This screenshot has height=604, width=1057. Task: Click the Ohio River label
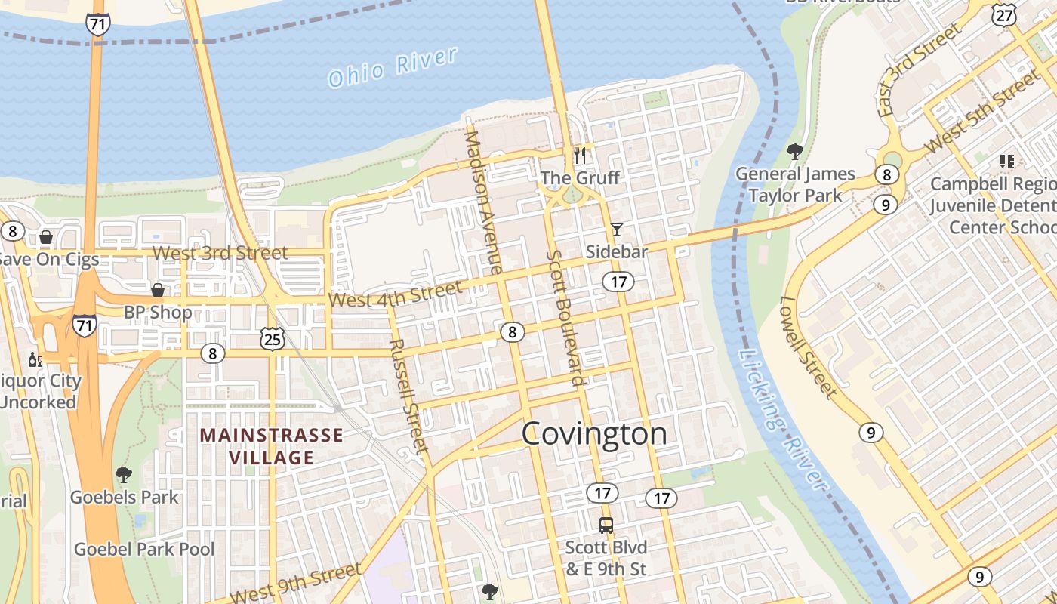(x=393, y=66)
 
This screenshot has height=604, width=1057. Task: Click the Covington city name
(x=594, y=434)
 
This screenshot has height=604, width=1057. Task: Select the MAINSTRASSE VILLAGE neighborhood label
(x=271, y=446)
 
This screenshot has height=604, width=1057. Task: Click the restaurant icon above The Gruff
(x=580, y=156)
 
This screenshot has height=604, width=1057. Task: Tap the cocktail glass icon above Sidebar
(x=617, y=229)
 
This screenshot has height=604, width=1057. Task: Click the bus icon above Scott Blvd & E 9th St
(x=606, y=525)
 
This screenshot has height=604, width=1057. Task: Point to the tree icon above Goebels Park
(x=124, y=475)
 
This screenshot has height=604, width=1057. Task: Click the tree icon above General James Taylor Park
(x=794, y=152)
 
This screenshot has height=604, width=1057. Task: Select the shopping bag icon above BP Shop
(x=158, y=290)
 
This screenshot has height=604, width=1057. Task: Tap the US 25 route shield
(x=272, y=339)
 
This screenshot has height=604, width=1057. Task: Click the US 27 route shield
(x=1003, y=15)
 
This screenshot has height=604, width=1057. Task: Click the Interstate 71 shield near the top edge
(x=97, y=23)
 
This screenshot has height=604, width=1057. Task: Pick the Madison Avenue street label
(x=483, y=202)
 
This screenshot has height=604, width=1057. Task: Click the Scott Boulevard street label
(x=566, y=317)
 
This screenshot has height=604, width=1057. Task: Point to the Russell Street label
(x=408, y=396)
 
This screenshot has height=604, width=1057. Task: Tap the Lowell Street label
(x=809, y=347)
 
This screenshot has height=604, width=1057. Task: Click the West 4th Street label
(x=396, y=294)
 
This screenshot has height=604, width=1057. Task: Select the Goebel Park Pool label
(x=144, y=549)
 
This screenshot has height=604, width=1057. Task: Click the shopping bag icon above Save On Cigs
(x=46, y=237)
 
